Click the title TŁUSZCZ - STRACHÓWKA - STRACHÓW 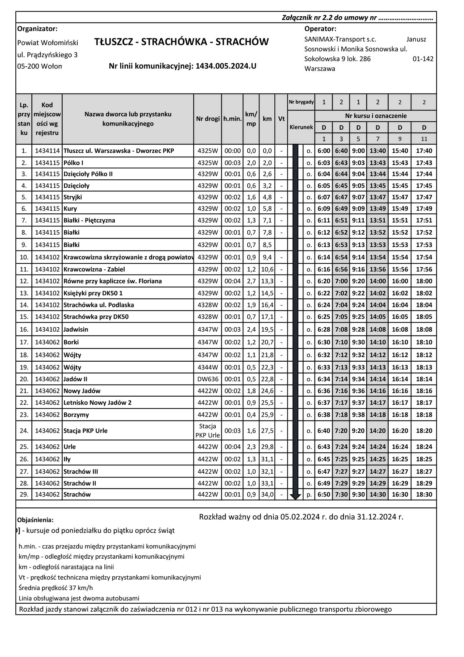[x=181, y=42]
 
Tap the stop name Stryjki [x=73, y=197]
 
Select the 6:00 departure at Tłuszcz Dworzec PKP [x=324, y=151]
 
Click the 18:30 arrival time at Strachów [x=424, y=495]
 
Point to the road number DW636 [x=208, y=379]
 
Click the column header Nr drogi [x=208, y=119]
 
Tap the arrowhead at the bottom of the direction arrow [x=295, y=497]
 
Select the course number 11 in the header [x=424, y=139]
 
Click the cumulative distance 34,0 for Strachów [x=267, y=495]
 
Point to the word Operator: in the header [x=320, y=29]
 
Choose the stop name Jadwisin [x=76, y=330]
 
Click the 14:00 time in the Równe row [x=378, y=281]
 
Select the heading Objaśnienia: [x=35, y=520]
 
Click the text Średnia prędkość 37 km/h [x=55, y=588]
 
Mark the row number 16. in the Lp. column [x=24, y=330]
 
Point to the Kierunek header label [x=301, y=127]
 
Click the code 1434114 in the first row [x=47, y=151]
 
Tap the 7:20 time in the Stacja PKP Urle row [x=341, y=431]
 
